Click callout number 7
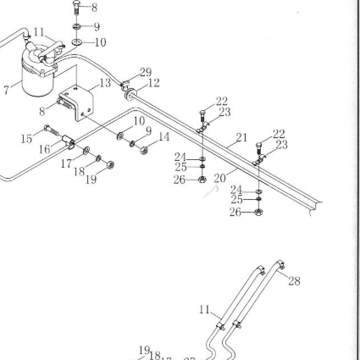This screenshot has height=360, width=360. coord(7,90)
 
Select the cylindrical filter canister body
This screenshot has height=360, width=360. coord(37,80)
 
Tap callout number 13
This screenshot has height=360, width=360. coord(105,83)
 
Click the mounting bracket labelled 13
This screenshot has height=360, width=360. coord(77,103)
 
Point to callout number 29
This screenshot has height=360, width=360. coord(146,73)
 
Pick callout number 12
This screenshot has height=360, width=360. coord(153,83)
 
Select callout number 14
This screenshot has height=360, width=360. coord(163,136)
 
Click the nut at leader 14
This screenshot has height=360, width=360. coord(144,150)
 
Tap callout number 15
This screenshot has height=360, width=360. coord(26,139)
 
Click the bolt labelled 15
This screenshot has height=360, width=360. coord(52,130)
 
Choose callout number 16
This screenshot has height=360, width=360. coord(45,149)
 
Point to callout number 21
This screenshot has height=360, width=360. coord(241,138)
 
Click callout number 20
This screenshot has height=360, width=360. coord(220,178)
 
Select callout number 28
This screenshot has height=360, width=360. coord(294,281)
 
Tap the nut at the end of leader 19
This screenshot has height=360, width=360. coord(111,164)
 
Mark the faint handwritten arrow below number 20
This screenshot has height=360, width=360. coord(211,191)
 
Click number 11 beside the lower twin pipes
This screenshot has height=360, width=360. coord(205,310)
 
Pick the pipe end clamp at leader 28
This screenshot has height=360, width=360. coord(280,264)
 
